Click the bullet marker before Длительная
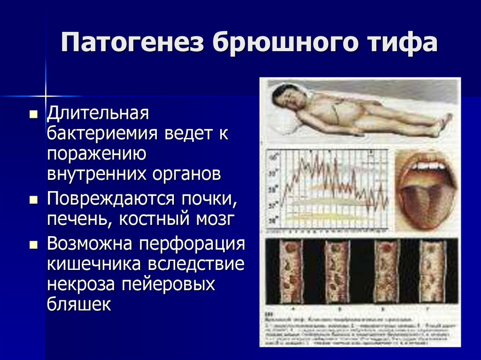pos(33,115)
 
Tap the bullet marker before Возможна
pos(33,245)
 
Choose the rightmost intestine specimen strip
pos(431,271)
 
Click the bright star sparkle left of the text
pos(46,95)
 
